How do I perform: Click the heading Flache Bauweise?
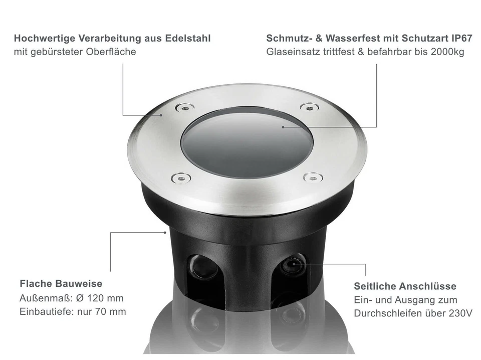(x=61, y=284)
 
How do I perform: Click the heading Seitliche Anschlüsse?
(x=405, y=286)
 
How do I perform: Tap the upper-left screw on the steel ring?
(x=184, y=107)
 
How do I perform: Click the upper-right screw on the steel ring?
(x=309, y=107)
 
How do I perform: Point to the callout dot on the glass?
(x=283, y=127)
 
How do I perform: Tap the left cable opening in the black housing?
(x=203, y=266)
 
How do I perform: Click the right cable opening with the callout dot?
(x=292, y=264)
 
